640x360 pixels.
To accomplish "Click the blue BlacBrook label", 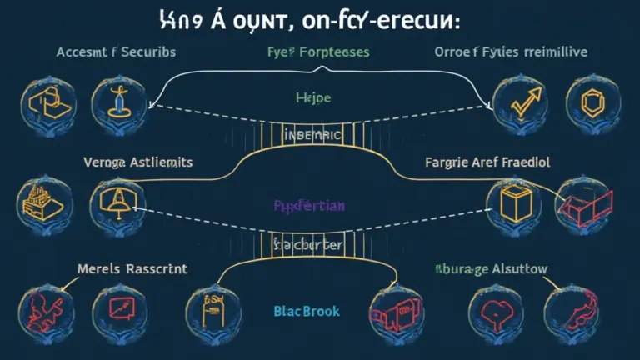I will pyautogui.click(x=307, y=310).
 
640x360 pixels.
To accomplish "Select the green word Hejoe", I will pyautogui.click(x=312, y=97).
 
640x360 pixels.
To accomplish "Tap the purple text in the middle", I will pyautogui.click(x=309, y=204).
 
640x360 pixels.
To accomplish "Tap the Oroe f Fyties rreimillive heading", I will pyautogui.click(x=510, y=52).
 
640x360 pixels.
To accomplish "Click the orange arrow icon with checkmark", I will pyautogui.click(x=510, y=104).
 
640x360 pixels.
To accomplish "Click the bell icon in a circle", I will pyautogui.click(x=112, y=199).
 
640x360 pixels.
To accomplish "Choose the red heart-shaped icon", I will pyautogui.click(x=487, y=307).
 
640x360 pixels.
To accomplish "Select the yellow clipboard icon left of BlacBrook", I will pyautogui.click(x=206, y=306).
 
